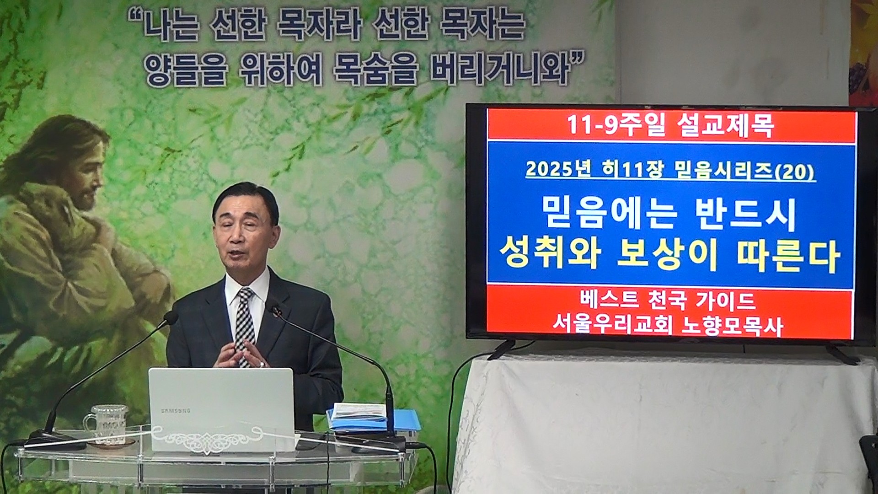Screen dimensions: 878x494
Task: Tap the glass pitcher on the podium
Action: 106,425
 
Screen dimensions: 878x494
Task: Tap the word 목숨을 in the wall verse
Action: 375,72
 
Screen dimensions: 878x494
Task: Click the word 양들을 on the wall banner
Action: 186,72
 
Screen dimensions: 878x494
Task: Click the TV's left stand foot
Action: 501,349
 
